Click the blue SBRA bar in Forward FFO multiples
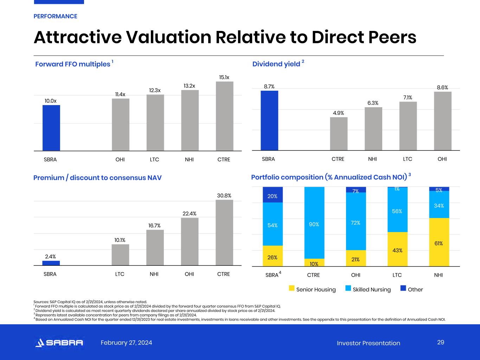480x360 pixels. click(51, 128)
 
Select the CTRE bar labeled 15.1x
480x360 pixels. click(225, 116)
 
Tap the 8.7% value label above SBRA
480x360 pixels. click(269, 86)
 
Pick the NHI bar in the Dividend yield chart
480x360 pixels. click(373, 129)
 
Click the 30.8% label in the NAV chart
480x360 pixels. click(224, 195)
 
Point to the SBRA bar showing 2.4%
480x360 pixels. click(51, 263)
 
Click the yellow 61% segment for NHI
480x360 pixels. click(439, 242)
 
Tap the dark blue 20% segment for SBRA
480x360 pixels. click(273, 195)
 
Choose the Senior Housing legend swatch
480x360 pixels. click(292, 289)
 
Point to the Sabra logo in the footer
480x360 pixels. click(59, 343)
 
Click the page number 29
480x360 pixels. click(441, 342)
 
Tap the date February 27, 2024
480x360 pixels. click(126, 343)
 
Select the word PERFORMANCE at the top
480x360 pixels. click(55, 16)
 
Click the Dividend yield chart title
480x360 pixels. click(276, 64)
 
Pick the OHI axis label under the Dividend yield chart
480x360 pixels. click(442, 159)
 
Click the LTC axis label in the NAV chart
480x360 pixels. click(120, 274)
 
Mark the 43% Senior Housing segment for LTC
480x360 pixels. click(397, 249)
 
